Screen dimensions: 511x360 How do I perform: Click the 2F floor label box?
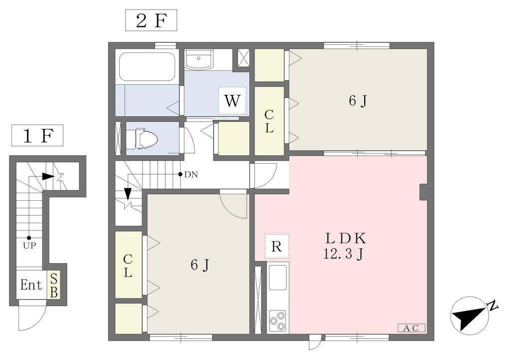[151, 20]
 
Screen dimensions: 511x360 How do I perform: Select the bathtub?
[148, 67]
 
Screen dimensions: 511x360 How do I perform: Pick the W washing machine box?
[233, 101]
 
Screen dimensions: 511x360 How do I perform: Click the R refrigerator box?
[276, 246]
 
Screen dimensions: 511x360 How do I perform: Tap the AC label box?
[411, 328]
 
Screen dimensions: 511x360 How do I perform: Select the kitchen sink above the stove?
[277, 277]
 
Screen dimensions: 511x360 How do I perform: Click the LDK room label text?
[346, 239]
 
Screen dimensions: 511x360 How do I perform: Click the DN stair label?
[191, 174]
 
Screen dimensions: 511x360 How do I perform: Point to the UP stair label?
[29, 246]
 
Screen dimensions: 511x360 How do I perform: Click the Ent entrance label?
[31, 285]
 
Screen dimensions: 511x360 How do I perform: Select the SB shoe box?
[54, 285]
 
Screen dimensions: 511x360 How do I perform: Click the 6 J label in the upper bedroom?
[358, 101]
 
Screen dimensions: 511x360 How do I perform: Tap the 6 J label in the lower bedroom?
[200, 265]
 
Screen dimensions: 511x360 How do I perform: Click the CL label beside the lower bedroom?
[128, 266]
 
